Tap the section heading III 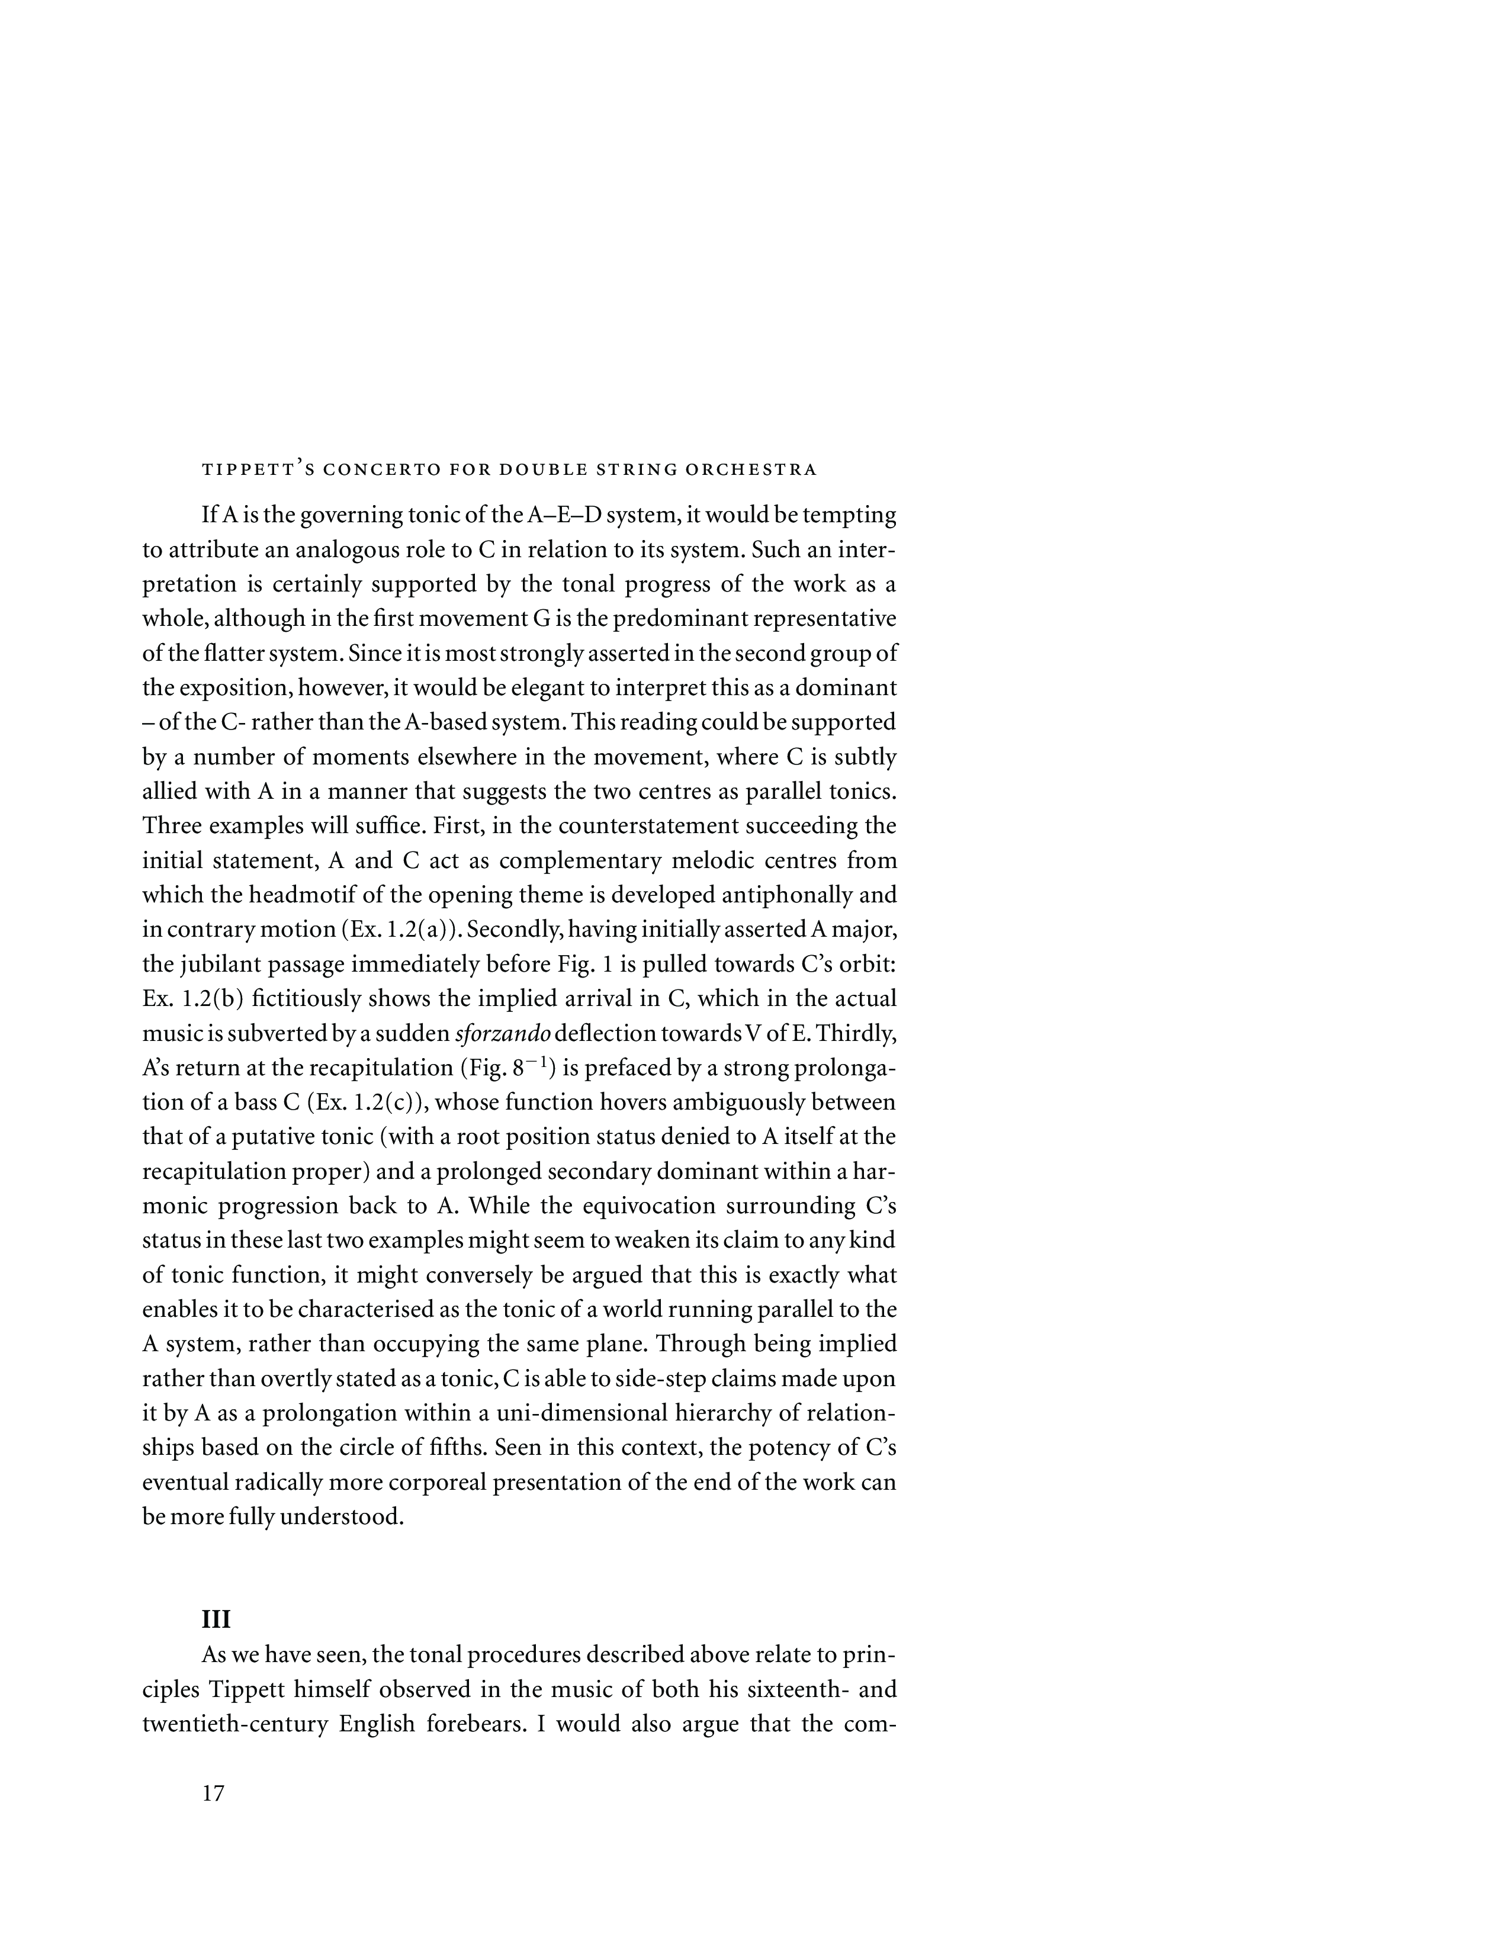click(x=217, y=1619)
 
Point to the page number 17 click(x=213, y=1793)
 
